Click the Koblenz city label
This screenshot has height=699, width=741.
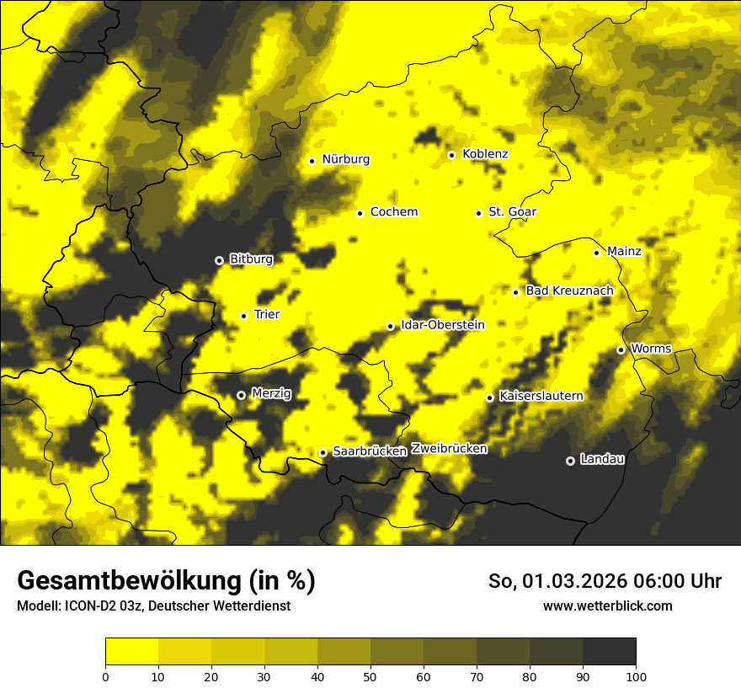click(485, 154)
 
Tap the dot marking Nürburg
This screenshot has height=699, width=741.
click(312, 161)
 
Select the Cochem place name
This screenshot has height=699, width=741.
click(393, 212)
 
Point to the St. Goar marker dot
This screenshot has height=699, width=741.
click(478, 213)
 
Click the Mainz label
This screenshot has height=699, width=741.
click(624, 252)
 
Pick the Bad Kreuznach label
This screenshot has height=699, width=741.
click(569, 291)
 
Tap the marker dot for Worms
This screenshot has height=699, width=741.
click(621, 349)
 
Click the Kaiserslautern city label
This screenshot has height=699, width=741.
click(541, 396)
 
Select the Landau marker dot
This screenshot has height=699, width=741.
click(570, 461)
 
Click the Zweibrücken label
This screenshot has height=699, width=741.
click(449, 449)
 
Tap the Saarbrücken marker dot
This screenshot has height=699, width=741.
click(323, 452)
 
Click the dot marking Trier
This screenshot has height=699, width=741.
click(244, 316)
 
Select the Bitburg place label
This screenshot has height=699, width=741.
click(251, 259)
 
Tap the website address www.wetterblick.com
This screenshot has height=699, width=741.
click(607, 606)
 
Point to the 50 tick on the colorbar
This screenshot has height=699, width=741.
click(370, 675)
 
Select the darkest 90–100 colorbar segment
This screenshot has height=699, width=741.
click(609, 651)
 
